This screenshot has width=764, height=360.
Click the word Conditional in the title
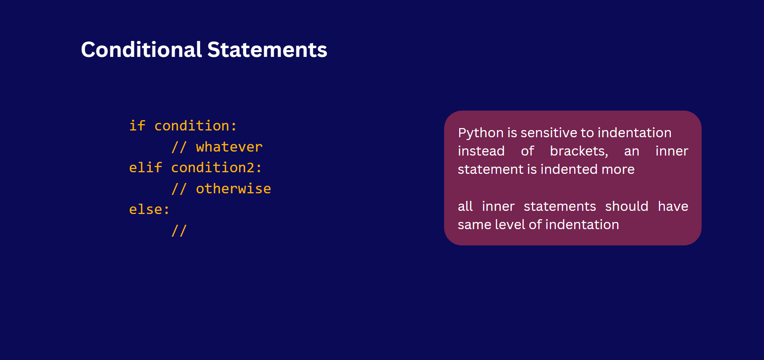pyautogui.click(x=142, y=50)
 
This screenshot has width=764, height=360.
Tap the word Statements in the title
pyautogui.click(x=267, y=50)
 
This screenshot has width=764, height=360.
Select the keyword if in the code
pyautogui.click(x=137, y=126)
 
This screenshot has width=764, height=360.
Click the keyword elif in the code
pyautogui.click(x=146, y=167)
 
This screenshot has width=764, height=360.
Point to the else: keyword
pyautogui.click(x=150, y=210)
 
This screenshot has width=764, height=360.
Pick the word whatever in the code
pyautogui.click(x=229, y=147)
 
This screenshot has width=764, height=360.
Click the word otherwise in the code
pyautogui.click(x=234, y=189)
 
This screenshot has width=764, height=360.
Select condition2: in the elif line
pyautogui.click(x=216, y=167)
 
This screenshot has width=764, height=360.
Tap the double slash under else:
pyautogui.click(x=179, y=231)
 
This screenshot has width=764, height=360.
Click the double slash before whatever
pyautogui.click(x=179, y=147)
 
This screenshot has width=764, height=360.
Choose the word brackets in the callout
pyautogui.click(x=579, y=151)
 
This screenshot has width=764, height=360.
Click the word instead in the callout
pyautogui.click(x=481, y=151)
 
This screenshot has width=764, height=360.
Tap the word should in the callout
pyautogui.click(x=627, y=206)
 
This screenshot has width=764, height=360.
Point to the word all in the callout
pyautogui.click(x=465, y=206)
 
